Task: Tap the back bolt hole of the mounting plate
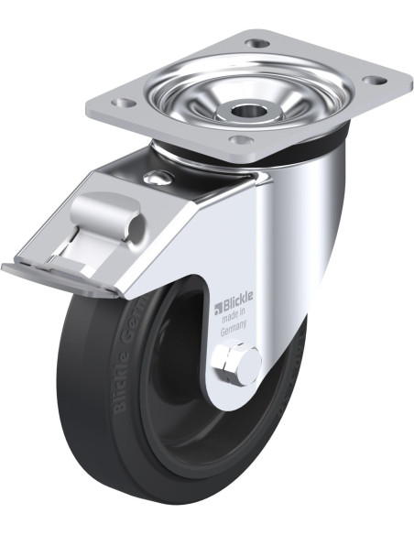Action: click(x=258, y=42)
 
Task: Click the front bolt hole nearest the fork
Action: click(x=241, y=140)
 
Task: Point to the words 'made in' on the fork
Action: click(x=234, y=321)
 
